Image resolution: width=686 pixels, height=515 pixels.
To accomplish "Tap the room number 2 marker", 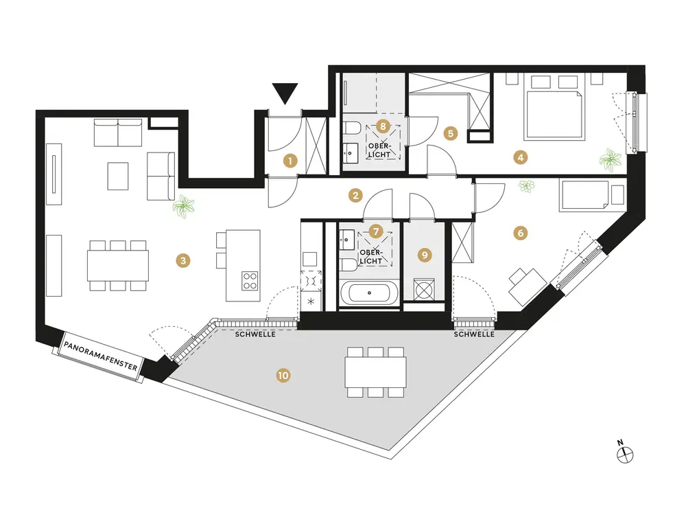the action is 355,195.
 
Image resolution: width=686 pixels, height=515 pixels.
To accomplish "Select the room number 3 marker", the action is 182,260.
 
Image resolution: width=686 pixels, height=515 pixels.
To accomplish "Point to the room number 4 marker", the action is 521,157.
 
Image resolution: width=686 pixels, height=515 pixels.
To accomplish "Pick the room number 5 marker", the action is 450,133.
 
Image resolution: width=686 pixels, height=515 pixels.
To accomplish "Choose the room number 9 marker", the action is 425,255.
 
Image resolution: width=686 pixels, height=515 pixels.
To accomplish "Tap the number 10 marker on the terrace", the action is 282,375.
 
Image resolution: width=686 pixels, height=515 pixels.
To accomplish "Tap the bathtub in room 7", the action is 368,294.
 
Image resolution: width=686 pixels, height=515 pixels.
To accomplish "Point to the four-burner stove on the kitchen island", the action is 250,280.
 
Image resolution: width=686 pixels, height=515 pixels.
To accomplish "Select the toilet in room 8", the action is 351,128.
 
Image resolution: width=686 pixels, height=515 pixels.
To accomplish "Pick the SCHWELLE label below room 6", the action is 474,336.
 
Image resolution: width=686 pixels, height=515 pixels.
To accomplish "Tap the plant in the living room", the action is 183,206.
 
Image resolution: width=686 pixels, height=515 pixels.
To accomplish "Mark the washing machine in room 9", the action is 425,290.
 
